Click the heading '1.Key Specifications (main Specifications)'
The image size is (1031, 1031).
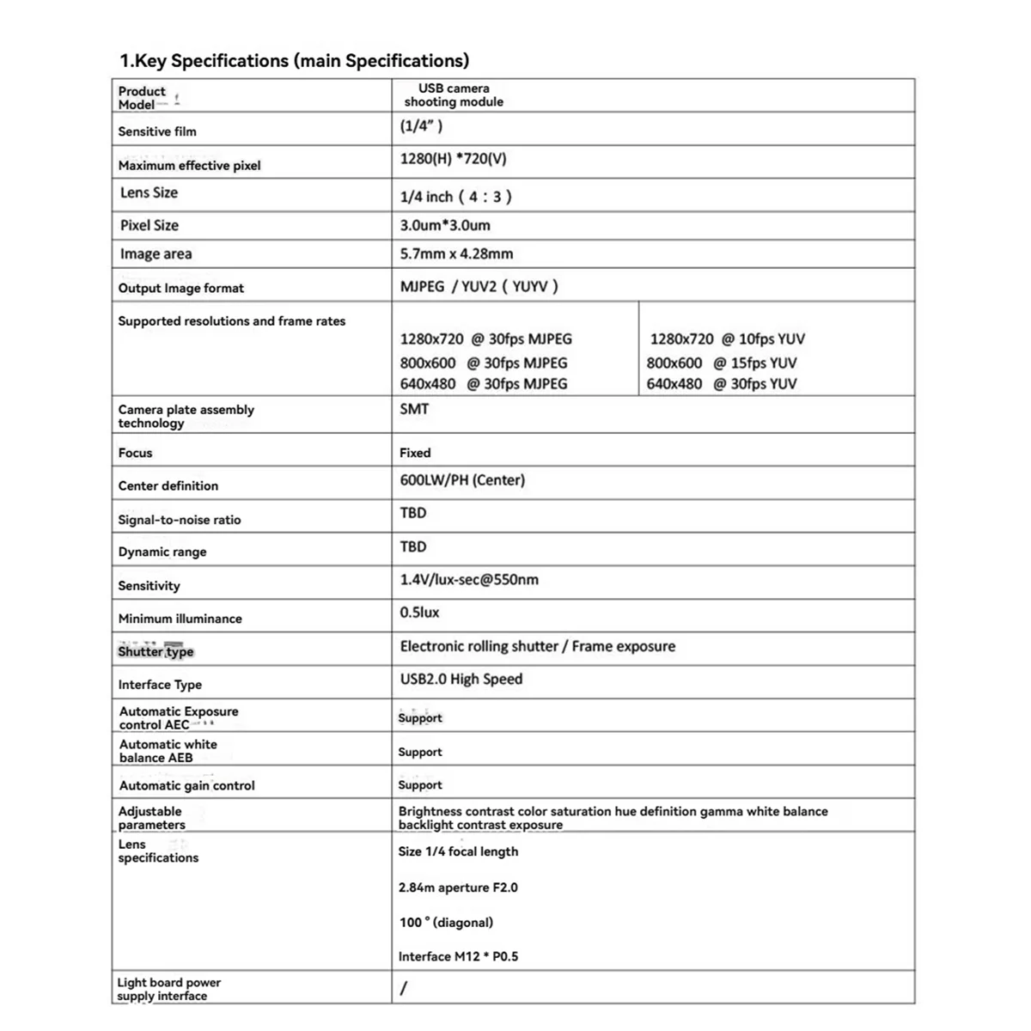294,61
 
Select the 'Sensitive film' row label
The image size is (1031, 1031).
157,131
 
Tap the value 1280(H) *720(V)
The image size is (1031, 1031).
453,159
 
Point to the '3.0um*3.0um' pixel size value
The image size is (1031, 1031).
445,225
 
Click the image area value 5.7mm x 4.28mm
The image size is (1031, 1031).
456,253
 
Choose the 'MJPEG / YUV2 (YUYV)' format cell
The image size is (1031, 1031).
479,286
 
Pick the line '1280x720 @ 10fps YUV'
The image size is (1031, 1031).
727,339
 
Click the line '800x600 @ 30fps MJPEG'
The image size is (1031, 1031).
483,363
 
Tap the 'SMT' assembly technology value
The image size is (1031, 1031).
414,409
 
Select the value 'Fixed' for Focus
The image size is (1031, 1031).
415,453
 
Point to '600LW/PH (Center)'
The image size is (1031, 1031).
462,480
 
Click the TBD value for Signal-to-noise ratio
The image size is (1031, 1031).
413,513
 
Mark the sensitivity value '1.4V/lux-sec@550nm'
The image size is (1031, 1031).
469,580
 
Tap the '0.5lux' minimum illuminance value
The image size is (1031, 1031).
419,613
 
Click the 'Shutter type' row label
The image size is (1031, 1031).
156,651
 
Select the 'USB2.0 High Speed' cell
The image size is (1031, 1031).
461,680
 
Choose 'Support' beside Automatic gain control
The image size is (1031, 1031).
420,785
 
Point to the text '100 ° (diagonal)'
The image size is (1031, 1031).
446,923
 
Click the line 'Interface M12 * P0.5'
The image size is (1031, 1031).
458,956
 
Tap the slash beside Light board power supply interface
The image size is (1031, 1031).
404,988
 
